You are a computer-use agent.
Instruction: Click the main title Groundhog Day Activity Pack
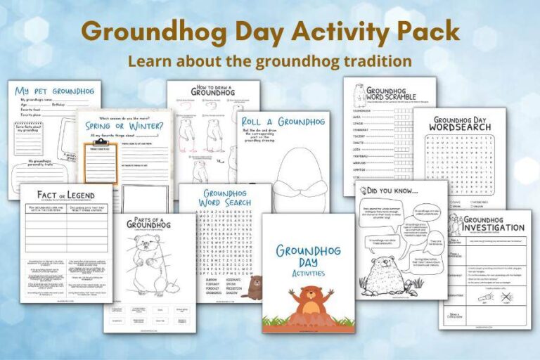pos(270,32)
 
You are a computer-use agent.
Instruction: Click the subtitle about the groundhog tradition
pos(270,62)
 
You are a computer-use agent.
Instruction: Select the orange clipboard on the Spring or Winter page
pos(101,161)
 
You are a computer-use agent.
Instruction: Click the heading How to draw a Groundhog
pos(212,91)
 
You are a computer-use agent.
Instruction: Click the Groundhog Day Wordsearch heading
pos(460,124)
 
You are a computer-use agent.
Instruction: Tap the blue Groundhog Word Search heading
pos(225,198)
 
